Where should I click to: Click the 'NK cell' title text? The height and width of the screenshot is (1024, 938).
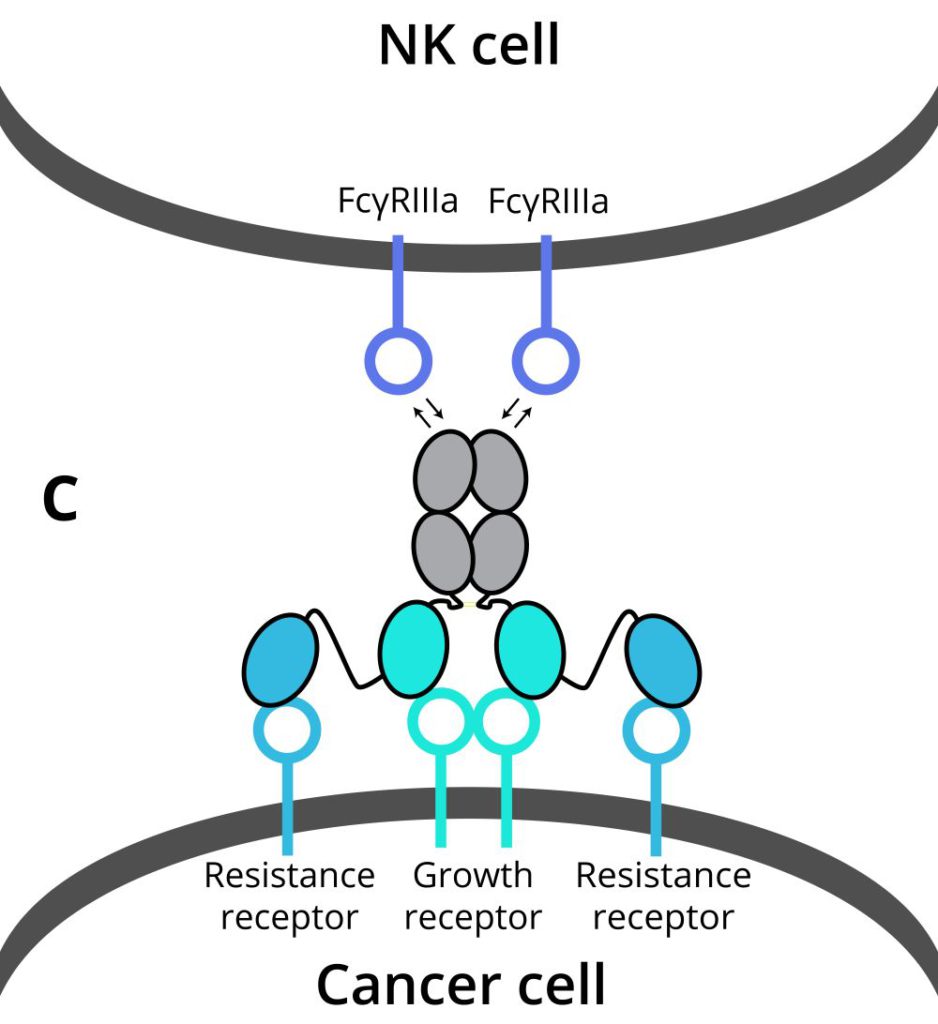pyautogui.click(x=469, y=46)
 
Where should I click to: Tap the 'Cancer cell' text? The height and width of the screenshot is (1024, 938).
pyautogui.click(x=461, y=984)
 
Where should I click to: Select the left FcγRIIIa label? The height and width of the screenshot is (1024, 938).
pyautogui.click(x=398, y=202)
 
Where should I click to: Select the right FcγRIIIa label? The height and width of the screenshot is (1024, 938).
pyautogui.click(x=548, y=202)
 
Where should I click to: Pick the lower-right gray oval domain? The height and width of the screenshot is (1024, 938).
pyautogui.click(x=498, y=552)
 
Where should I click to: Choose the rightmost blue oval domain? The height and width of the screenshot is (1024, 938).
pyautogui.click(x=662, y=661)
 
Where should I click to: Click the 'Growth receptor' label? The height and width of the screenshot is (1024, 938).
pyautogui.click(x=473, y=896)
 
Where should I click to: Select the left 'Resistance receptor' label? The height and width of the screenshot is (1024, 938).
pyautogui.click(x=289, y=896)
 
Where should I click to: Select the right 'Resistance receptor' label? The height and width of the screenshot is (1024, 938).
pyautogui.click(x=663, y=896)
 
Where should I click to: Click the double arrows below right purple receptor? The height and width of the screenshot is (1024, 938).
pyautogui.click(x=517, y=410)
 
